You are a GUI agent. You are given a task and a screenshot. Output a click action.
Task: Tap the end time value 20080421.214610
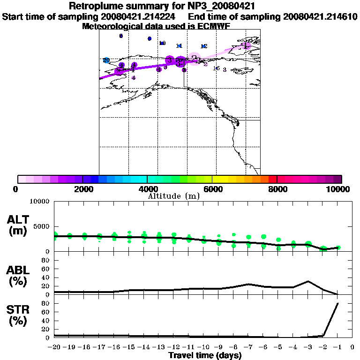click(x=320, y=17)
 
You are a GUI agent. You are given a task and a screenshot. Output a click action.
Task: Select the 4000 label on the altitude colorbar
click(x=147, y=189)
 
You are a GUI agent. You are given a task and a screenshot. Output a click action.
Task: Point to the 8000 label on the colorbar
click(x=277, y=189)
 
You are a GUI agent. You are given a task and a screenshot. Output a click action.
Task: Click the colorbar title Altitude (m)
click(x=173, y=196)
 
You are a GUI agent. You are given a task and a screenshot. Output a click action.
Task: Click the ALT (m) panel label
click(x=19, y=225)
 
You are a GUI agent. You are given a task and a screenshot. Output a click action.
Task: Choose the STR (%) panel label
click(x=19, y=315)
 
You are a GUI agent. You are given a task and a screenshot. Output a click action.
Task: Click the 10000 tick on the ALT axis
click(x=39, y=202)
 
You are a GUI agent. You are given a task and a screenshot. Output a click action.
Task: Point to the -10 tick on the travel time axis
click(x=203, y=348)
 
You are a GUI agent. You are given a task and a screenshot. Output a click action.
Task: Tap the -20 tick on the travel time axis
click(x=54, y=348)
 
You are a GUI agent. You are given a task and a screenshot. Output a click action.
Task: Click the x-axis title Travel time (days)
click(x=204, y=356)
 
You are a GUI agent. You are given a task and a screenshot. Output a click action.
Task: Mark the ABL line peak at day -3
click(x=308, y=281)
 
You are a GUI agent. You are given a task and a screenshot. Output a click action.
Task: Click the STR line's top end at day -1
click(x=337, y=303)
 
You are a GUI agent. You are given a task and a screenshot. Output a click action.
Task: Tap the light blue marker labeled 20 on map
click(x=106, y=60)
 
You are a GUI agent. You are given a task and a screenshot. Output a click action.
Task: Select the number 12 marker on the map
click(x=204, y=46)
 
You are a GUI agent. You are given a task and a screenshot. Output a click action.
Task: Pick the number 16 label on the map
click(x=216, y=68)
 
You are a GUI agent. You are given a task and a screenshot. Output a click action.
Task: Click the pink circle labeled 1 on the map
click(x=246, y=45)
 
